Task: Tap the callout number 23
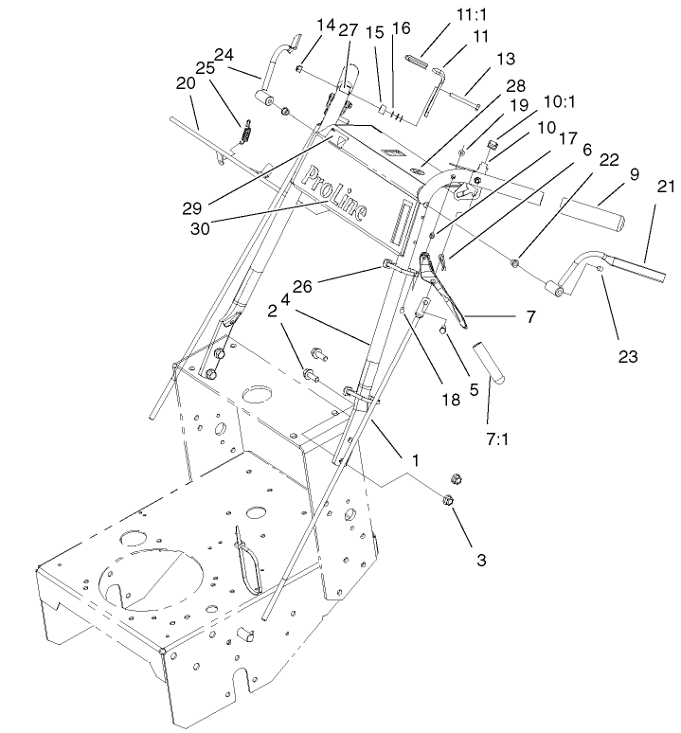[x=626, y=357]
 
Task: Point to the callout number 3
[x=481, y=561]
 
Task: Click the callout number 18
[x=450, y=400]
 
